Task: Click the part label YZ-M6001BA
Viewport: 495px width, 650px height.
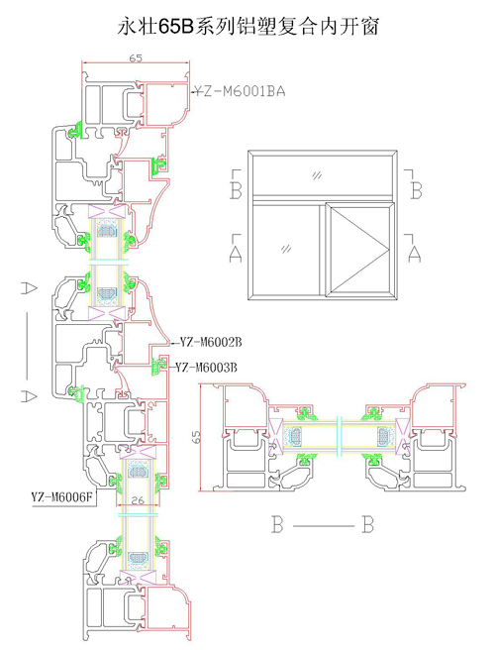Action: click(x=241, y=91)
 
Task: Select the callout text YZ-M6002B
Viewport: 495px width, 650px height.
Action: click(x=211, y=343)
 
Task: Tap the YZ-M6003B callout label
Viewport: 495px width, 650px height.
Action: click(x=206, y=368)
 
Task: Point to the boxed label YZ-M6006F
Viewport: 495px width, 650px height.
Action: click(x=62, y=496)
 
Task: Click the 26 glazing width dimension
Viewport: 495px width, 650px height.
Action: click(x=138, y=500)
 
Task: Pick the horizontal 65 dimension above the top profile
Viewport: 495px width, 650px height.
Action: click(x=136, y=58)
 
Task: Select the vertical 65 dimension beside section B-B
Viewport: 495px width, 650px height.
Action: click(x=195, y=437)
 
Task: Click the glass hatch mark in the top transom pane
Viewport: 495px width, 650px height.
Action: click(x=317, y=175)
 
